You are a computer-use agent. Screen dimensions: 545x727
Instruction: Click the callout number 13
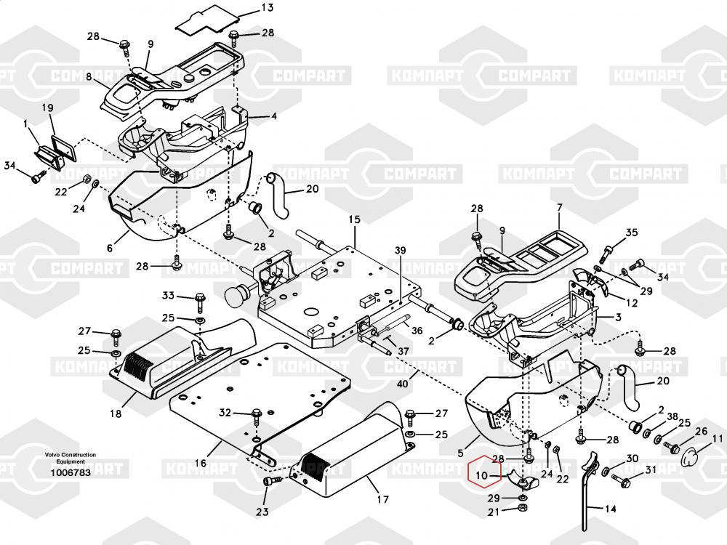click(247, 8)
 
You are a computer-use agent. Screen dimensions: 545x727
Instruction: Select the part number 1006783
click(70, 472)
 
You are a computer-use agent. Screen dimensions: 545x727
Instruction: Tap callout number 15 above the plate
click(354, 219)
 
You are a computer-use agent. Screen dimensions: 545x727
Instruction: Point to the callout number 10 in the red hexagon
click(481, 477)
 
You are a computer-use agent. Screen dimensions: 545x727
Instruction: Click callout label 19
click(48, 109)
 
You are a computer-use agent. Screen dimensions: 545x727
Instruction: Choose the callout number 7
click(559, 208)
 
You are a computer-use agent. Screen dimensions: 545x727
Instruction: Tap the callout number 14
click(609, 509)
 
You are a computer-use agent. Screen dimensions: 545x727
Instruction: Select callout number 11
click(717, 439)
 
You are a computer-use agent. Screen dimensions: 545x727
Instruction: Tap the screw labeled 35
click(606, 254)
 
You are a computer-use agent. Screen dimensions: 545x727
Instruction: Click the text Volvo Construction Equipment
click(70, 458)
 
